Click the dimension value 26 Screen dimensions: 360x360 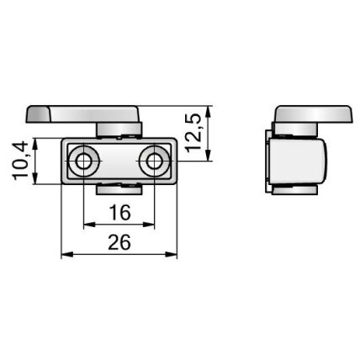[x=119, y=242]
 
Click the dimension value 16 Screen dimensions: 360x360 [x=119, y=213]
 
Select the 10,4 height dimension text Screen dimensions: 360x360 [x=20, y=161]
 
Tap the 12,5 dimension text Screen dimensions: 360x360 [x=193, y=133]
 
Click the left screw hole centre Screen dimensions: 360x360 [x=83, y=161]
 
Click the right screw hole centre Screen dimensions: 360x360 [x=154, y=161]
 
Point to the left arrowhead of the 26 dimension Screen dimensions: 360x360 [x=66, y=254]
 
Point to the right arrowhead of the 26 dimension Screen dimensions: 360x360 [x=172, y=254]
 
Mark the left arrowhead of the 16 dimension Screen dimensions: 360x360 [x=89, y=225]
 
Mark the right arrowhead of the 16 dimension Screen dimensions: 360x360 [x=149, y=225]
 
